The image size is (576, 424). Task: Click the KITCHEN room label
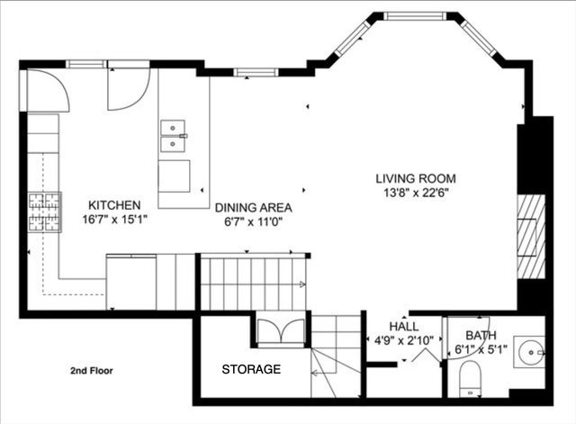click(x=113, y=204)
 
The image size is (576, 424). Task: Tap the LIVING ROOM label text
click(x=415, y=177)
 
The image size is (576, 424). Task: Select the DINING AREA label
click(x=253, y=206)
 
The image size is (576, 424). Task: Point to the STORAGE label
click(x=251, y=369)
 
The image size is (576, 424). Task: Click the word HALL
click(x=403, y=326)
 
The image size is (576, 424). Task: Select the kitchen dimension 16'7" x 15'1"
click(x=114, y=219)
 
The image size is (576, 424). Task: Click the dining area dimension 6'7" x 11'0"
click(x=253, y=221)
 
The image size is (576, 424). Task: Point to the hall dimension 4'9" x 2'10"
click(x=403, y=339)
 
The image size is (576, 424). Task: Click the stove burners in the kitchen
click(x=45, y=212)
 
